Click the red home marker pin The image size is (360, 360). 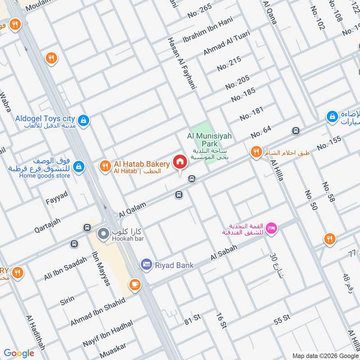coord(180,162)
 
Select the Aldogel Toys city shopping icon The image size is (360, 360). coord(83,120)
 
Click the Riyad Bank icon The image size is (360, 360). coord(146,265)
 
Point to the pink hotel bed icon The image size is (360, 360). coord(272,228)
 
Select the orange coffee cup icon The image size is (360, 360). coord(135,284)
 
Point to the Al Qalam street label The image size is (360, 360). coord(133,209)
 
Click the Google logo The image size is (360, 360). coord(19,353)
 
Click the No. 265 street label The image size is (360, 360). coord(199,11)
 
